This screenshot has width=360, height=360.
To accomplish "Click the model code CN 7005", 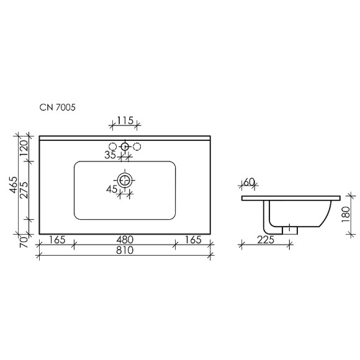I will coord(58,107).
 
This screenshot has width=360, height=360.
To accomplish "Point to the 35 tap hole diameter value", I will coord(110,155).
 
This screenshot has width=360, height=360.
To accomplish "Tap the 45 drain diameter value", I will coord(112,189).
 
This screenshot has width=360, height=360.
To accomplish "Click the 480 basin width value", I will coord(125,240).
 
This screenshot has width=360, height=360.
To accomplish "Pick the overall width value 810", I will coord(125,251).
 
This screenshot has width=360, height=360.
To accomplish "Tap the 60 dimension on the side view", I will coord(250,182).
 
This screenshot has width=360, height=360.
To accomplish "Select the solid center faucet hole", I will coord(125,147).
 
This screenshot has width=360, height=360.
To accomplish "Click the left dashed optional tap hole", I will coord(114,147).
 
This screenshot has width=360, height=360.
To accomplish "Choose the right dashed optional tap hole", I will coord(137,147).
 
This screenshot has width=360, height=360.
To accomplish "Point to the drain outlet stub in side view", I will coord(290,230).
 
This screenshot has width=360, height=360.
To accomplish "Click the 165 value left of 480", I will coord(57,240).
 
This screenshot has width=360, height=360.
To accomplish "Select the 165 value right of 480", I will coord(192,240).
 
